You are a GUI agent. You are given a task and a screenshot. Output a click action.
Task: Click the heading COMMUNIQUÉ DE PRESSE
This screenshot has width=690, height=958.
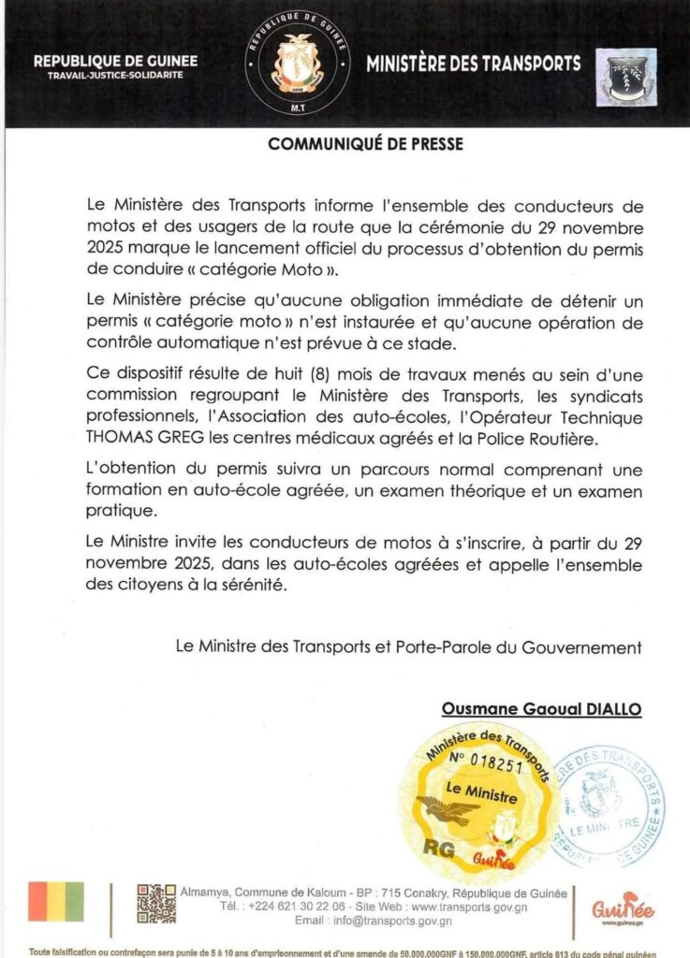pos(366,145)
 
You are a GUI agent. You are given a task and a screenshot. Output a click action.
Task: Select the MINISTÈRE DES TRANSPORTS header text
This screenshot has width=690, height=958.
pos(473,65)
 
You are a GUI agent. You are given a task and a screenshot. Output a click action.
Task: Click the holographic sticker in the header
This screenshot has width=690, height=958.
pos(626,77)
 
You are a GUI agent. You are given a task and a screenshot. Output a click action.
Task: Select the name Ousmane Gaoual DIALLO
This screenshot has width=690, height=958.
pos(541,710)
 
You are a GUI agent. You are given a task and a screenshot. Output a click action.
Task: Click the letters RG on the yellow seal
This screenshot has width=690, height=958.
pos(438,849)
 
